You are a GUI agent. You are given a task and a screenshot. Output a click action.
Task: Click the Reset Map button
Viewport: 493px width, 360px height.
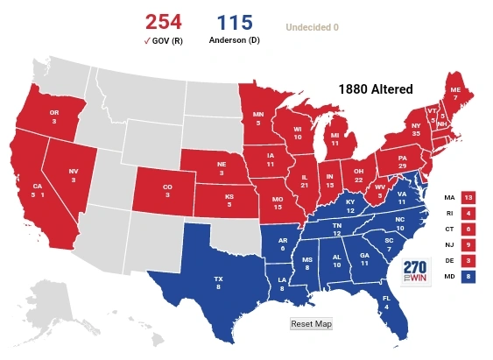click(311, 323)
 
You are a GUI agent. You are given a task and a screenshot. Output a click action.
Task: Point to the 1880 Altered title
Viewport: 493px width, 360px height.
click(375, 89)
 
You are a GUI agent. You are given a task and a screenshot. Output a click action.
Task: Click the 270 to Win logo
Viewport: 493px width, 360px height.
click(415, 272)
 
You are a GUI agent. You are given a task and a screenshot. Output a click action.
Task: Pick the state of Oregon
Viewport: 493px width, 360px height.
click(54, 116)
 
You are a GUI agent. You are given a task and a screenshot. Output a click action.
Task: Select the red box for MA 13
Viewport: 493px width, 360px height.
click(468, 198)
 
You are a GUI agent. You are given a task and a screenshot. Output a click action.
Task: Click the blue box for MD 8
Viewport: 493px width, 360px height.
click(468, 276)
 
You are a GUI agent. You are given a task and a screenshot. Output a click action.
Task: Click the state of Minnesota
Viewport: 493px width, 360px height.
click(258, 117)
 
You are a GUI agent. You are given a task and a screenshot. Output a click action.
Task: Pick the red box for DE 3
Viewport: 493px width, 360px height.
click(468, 260)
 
